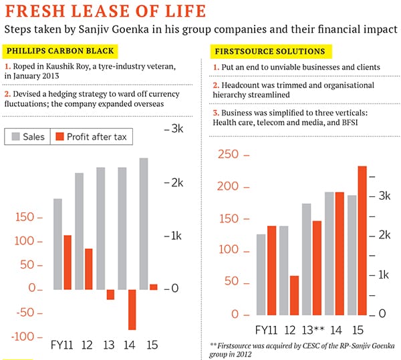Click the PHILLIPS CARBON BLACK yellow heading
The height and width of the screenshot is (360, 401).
[x=60, y=51]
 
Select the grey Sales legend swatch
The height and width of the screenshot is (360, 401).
[x=14, y=137]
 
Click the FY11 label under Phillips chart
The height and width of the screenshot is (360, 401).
[x=62, y=345]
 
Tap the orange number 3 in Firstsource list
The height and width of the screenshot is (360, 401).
[x=215, y=112]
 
